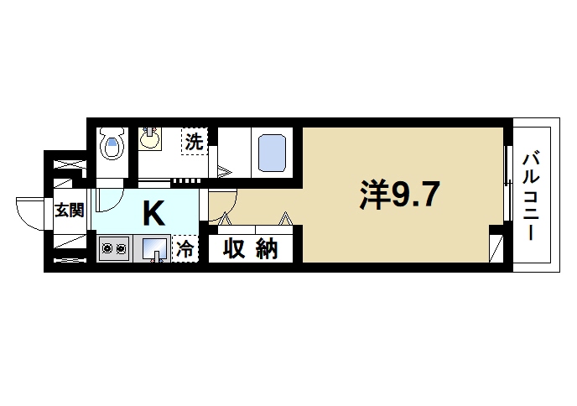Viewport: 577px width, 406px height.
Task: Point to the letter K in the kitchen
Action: (x=153, y=213)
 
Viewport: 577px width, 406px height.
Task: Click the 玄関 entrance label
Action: (x=69, y=211)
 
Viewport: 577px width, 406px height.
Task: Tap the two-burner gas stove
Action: (x=113, y=248)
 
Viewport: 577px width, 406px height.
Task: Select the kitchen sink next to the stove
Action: (x=153, y=249)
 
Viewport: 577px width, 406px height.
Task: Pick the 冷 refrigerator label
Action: (x=185, y=249)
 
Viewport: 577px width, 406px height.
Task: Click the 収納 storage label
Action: (x=250, y=249)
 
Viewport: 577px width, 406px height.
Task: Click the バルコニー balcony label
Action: (x=531, y=196)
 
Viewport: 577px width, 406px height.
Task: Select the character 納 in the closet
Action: (x=266, y=249)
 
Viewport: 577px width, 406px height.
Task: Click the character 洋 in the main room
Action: (x=375, y=196)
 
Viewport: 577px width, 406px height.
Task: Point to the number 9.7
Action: (x=413, y=196)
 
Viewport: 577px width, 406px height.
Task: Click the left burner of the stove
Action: (x=107, y=248)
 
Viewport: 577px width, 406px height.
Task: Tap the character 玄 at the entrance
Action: (x=62, y=211)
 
